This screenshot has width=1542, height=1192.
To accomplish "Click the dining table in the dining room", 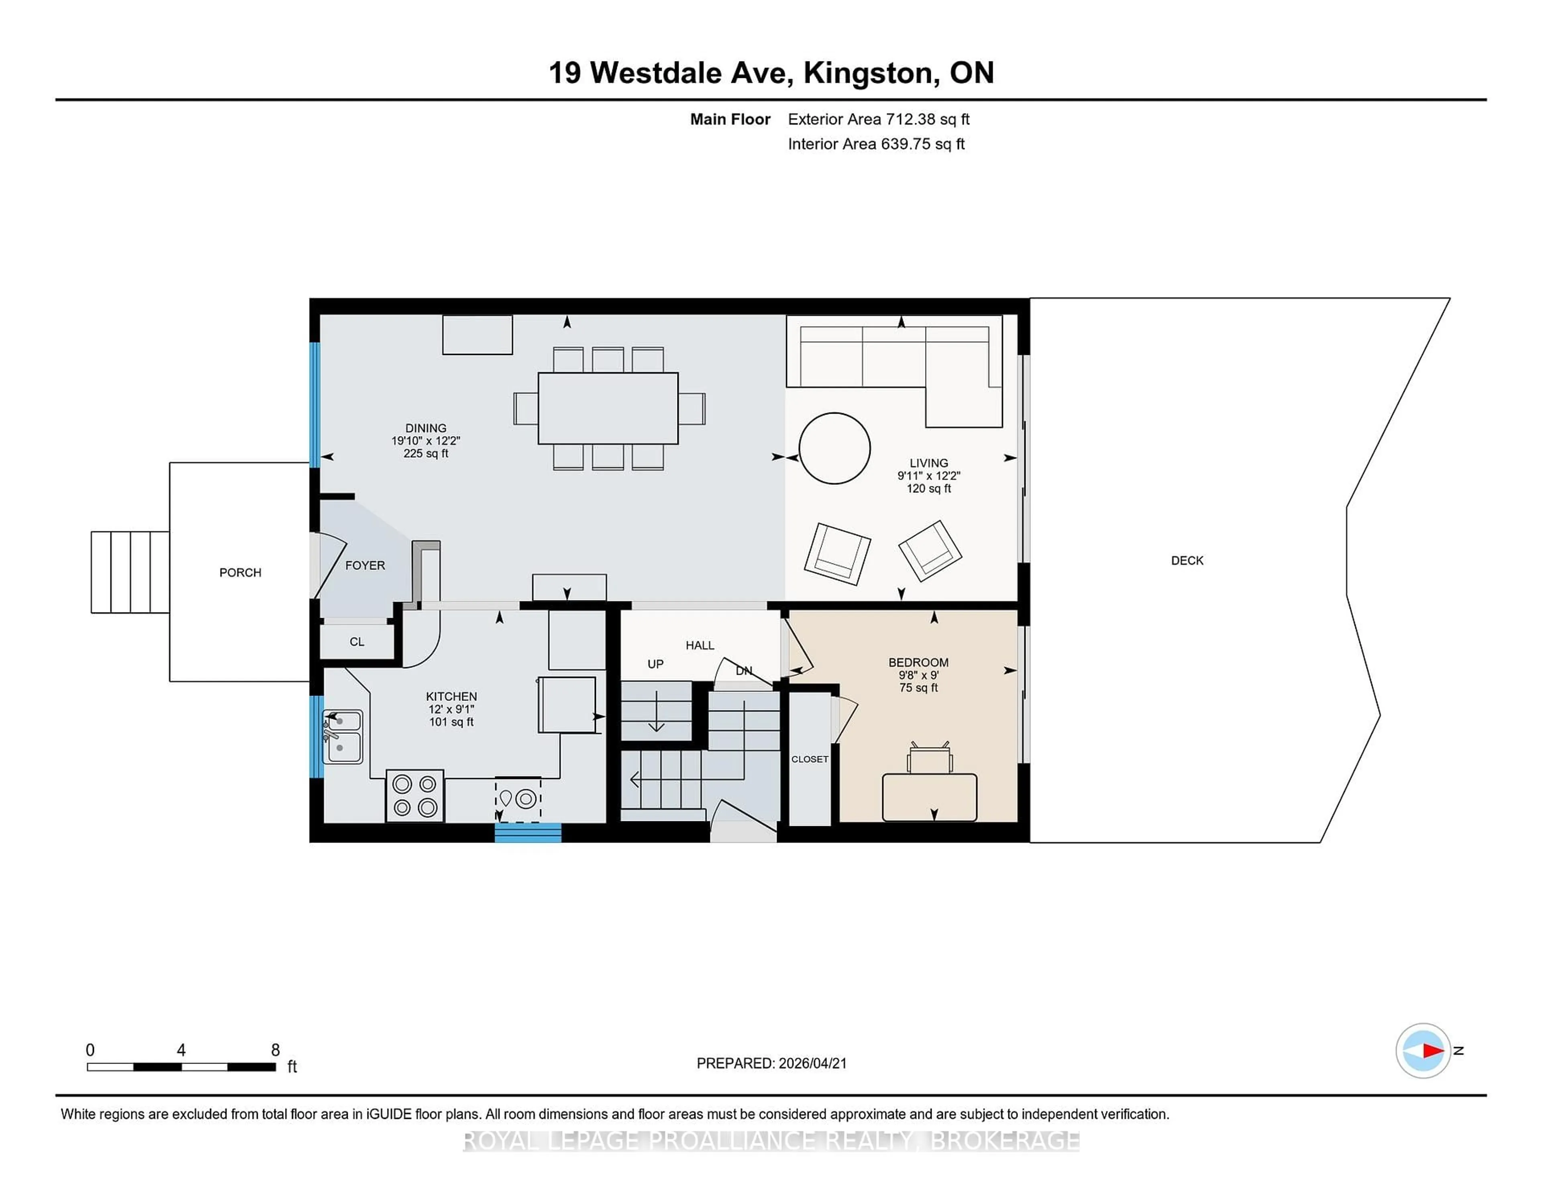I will point(608,408).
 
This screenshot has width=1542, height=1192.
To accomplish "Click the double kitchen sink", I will point(343,737).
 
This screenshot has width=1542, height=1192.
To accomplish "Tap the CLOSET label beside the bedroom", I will point(809,759).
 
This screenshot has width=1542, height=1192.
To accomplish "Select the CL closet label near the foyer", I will point(357,642).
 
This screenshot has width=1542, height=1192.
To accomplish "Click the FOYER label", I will point(365,565).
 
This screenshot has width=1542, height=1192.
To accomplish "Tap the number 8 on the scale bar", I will point(275,1050).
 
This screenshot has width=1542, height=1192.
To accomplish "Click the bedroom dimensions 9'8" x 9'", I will point(918,675).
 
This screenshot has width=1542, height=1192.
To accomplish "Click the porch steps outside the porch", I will point(130,572).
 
